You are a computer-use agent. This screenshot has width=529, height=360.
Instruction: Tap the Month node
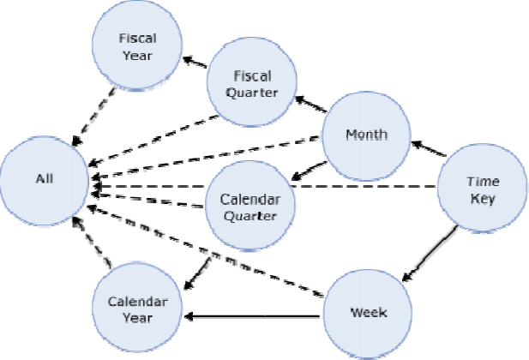(x=366, y=134)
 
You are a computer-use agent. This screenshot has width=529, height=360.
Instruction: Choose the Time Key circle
(x=482, y=191)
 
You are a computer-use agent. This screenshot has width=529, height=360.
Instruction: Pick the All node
(x=45, y=179)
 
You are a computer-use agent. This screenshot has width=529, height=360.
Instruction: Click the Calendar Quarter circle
(x=251, y=206)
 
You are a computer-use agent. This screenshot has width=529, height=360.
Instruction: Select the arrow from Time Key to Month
(x=429, y=148)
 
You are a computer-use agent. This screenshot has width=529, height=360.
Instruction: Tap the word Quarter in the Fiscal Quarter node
(x=255, y=93)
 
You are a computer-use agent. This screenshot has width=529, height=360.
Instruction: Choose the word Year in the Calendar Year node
(x=137, y=318)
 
